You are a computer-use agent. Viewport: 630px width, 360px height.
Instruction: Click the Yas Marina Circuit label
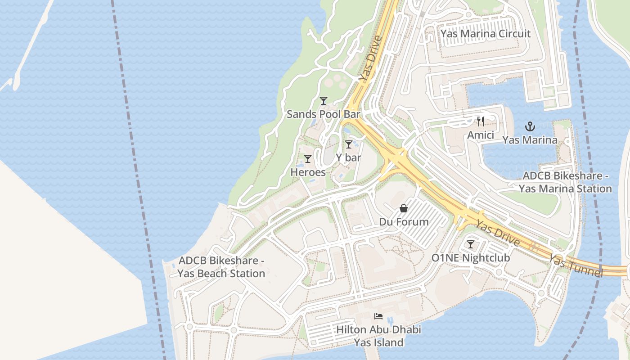pyautogui.click(x=485, y=34)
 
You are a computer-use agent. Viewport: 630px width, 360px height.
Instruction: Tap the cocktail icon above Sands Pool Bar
pyautogui.click(x=323, y=101)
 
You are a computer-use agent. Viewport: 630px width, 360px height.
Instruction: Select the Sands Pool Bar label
pyautogui.click(x=323, y=114)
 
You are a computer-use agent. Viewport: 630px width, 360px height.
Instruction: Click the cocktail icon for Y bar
pyautogui.click(x=348, y=144)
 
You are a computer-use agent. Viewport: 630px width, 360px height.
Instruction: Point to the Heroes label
pyautogui.click(x=308, y=172)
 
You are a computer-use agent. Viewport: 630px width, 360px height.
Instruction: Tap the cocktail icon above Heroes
pyautogui.click(x=308, y=159)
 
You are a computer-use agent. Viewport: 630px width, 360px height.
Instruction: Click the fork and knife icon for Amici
pyautogui.click(x=481, y=121)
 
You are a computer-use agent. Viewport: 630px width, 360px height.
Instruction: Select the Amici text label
pyautogui.click(x=481, y=135)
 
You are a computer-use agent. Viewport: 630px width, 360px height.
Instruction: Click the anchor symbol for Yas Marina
pyautogui.click(x=530, y=126)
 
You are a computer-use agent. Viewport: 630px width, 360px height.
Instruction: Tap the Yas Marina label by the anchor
pyautogui.click(x=530, y=140)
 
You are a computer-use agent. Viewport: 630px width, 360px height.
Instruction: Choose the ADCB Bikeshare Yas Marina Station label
pyautogui.click(x=565, y=182)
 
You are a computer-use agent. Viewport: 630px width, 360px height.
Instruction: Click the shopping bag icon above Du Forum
pyautogui.click(x=404, y=209)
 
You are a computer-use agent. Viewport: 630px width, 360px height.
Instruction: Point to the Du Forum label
pyautogui.click(x=404, y=222)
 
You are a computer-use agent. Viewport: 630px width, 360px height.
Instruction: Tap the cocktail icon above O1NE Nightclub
pyautogui.click(x=471, y=244)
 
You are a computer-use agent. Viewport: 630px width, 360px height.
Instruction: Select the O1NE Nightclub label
pyautogui.click(x=471, y=258)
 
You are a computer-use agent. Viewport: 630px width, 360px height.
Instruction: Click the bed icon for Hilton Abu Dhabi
pyautogui.click(x=378, y=316)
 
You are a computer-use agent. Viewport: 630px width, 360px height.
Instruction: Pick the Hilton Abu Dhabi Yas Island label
pyautogui.click(x=378, y=336)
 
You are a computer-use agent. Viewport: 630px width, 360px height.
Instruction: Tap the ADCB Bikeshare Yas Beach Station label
pyautogui.click(x=221, y=267)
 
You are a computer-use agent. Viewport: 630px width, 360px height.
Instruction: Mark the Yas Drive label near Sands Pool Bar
pyautogui.click(x=370, y=58)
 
